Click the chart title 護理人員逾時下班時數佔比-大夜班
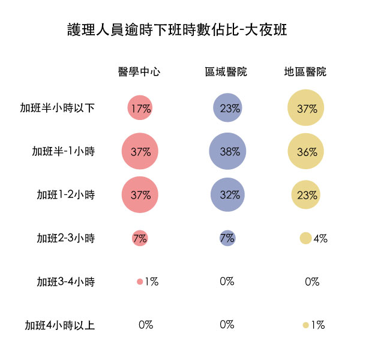click(177, 30)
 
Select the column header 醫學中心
click(139, 71)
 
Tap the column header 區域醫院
click(226, 71)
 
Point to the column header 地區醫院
click(305, 71)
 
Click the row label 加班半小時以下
click(58, 108)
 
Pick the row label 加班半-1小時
click(64, 151)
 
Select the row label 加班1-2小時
click(66, 195)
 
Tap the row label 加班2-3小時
click(66, 238)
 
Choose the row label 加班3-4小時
click(66, 281)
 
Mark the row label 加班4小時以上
click(60, 325)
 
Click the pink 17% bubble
click(140, 108)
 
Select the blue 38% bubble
click(227, 151)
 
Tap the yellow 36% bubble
click(306, 151)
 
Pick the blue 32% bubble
click(227, 194)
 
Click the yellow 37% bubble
click(306, 107)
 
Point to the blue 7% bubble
click(227, 238)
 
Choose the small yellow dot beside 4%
click(305, 238)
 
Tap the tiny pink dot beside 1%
click(140, 281)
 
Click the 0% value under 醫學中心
click(146, 325)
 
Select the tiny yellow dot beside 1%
click(306, 325)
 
